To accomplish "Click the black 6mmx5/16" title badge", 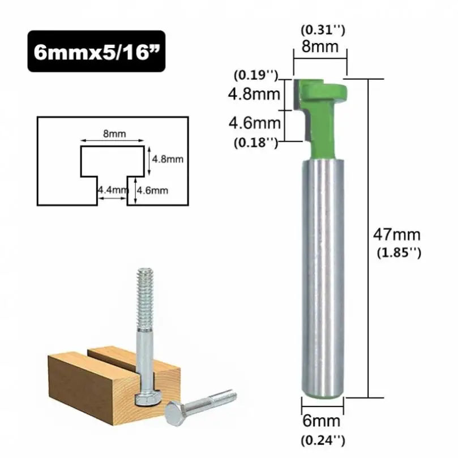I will click(96, 52).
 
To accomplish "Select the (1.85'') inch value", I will click(399, 253).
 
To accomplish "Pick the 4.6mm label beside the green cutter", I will click(254, 122).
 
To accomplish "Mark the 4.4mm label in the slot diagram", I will click(110, 191).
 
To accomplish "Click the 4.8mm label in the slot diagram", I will click(168, 159).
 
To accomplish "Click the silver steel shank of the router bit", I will click(322, 272).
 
